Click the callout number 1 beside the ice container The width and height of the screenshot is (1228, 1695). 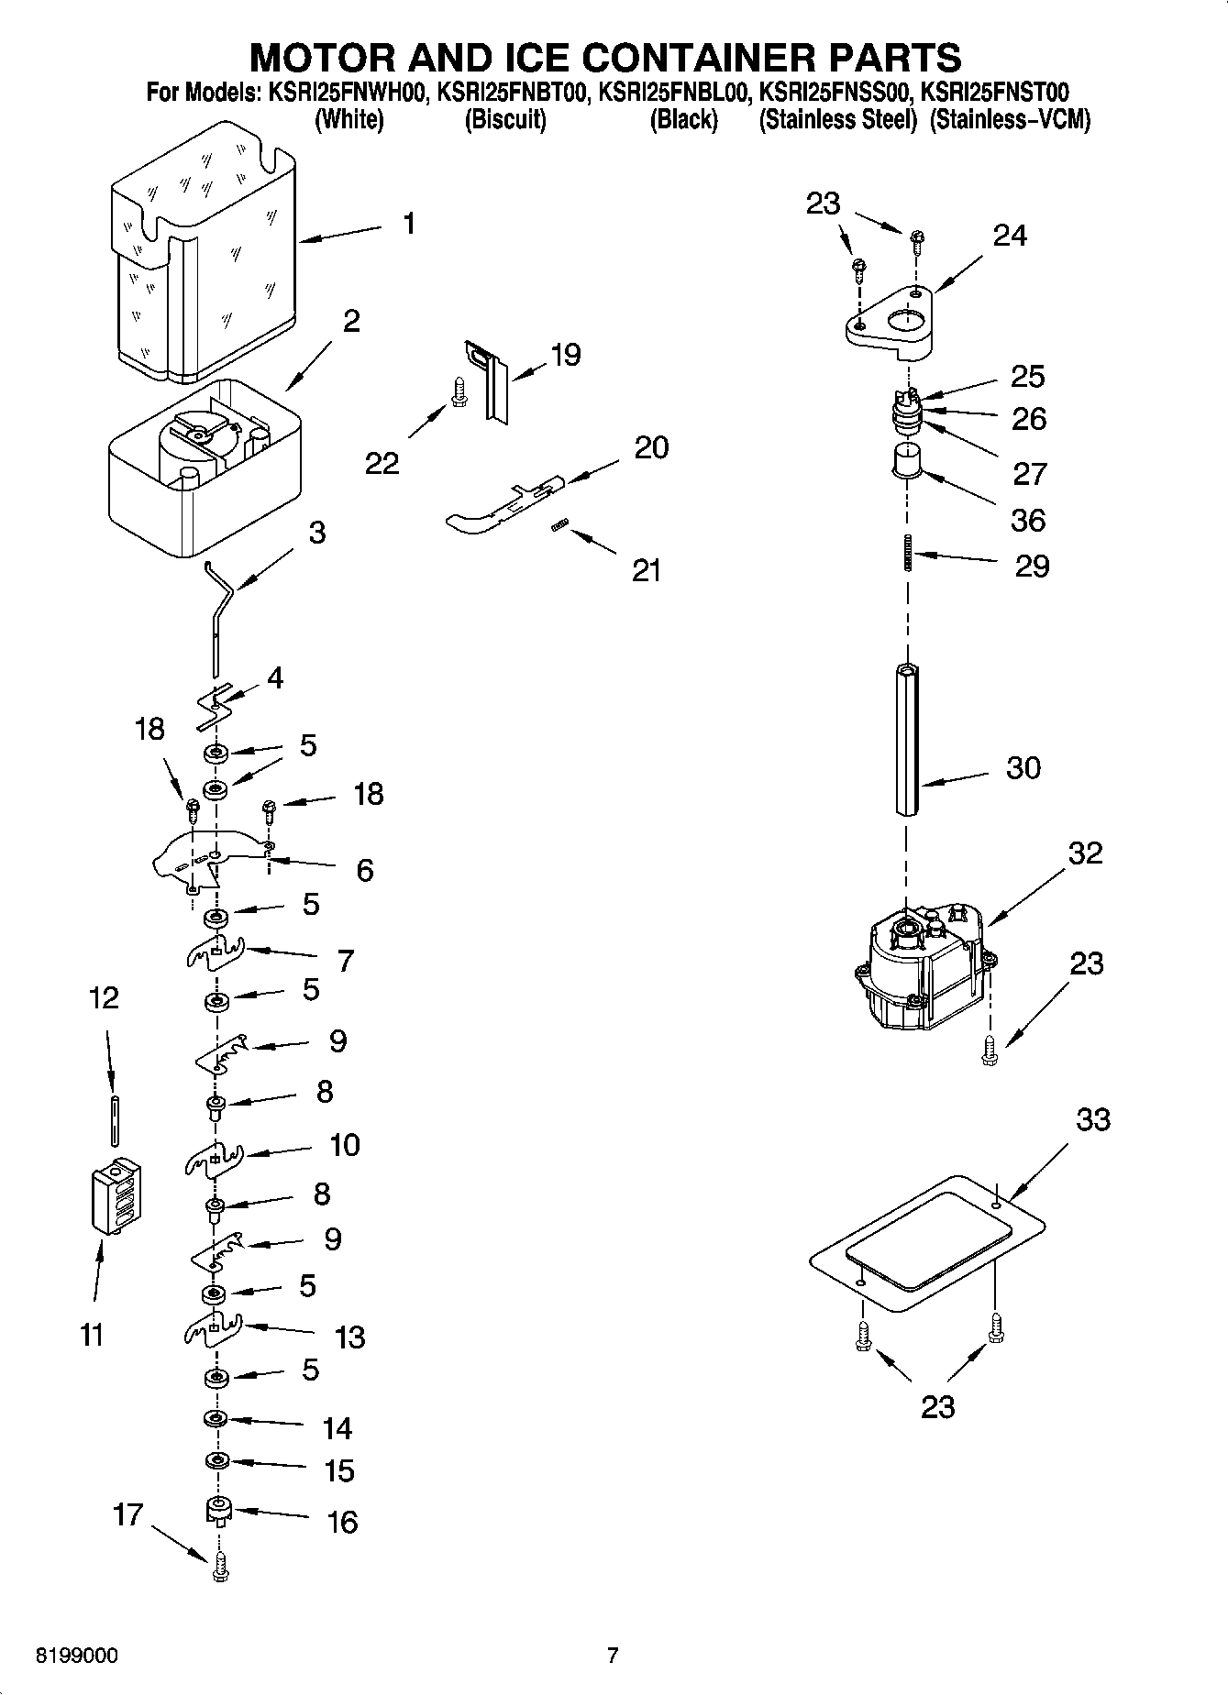409,223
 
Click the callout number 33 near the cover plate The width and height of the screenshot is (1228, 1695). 1093,1119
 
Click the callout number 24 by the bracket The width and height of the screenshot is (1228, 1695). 1010,236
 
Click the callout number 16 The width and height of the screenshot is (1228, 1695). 342,1523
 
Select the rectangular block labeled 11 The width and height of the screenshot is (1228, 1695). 116,1195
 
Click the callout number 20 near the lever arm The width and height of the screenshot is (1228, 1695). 651,447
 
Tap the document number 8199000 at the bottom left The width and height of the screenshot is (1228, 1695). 76,1656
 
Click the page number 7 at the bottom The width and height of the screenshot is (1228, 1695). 613,1656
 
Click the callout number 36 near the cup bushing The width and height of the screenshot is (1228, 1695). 1027,520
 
